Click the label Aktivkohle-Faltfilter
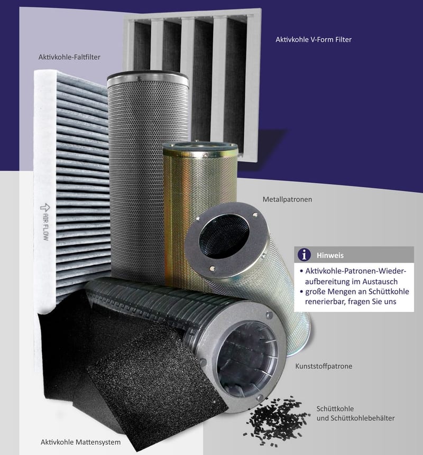[69, 57]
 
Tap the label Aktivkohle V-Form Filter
[314, 40]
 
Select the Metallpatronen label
[287, 200]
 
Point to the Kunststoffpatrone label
[324, 366]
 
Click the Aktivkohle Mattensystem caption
[80, 442]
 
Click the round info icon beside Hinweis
[304, 255]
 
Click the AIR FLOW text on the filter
[45, 227]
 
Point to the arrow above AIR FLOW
[45, 208]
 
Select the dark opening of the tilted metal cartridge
[224, 236]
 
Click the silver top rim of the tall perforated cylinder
[148, 79]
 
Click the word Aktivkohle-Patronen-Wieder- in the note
[356, 271]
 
